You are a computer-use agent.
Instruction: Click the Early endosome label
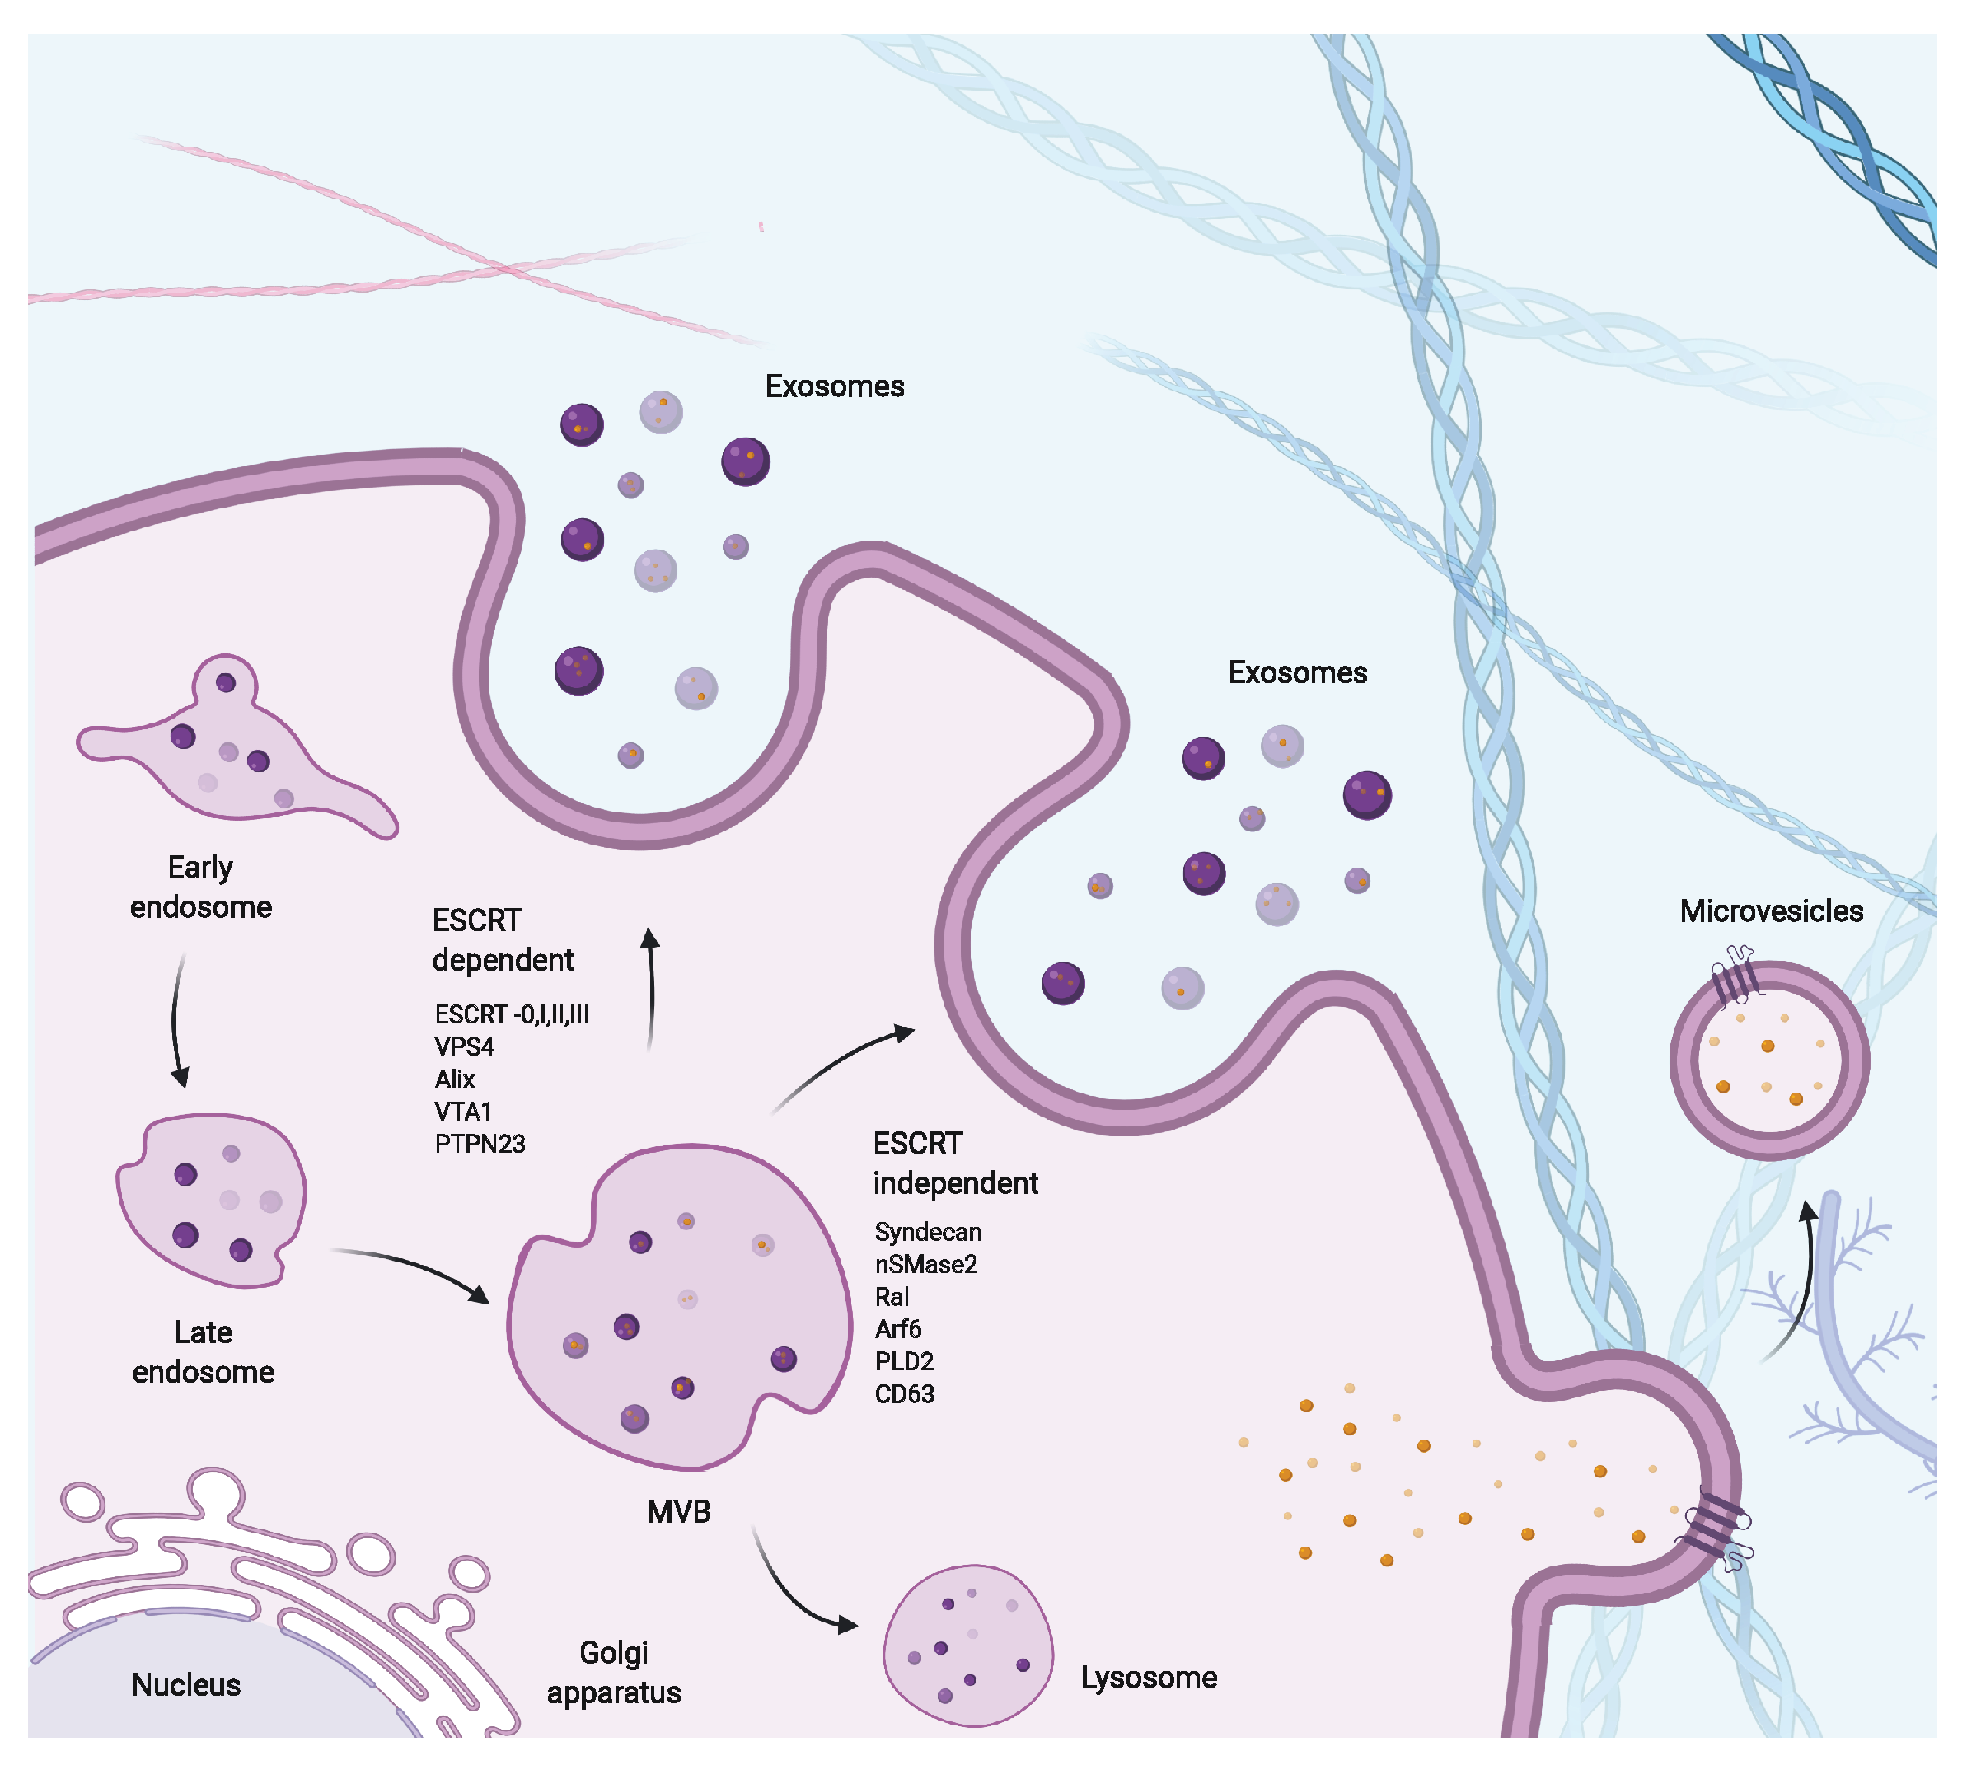(x=201, y=887)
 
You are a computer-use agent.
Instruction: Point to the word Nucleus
(x=185, y=1684)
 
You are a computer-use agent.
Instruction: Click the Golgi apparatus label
(x=613, y=1672)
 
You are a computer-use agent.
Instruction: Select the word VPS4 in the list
(x=464, y=1046)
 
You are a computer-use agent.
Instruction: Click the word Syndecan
(x=927, y=1232)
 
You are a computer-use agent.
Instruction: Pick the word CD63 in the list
(x=904, y=1393)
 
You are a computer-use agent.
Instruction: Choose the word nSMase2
(x=925, y=1264)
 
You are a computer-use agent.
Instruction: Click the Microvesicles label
(x=1770, y=911)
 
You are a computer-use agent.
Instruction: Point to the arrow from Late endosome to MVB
(x=412, y=1266)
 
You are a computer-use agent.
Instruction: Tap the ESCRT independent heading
(x=954, y=1163)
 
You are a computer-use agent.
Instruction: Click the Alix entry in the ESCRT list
(x=454, y=1079)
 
